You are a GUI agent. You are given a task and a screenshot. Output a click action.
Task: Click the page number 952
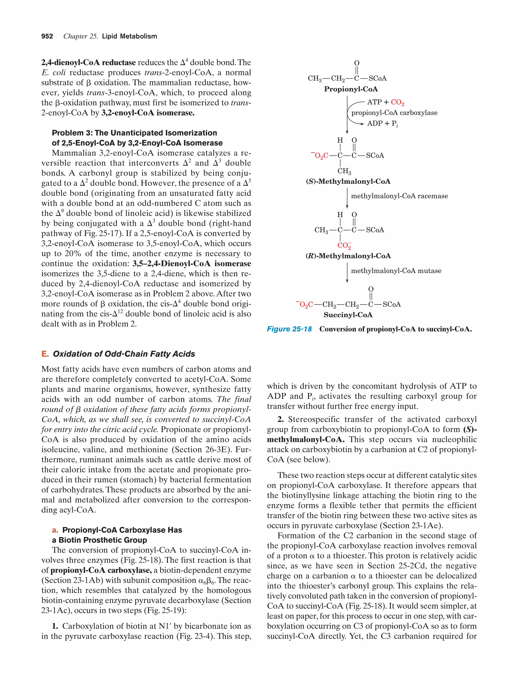pos(47,36)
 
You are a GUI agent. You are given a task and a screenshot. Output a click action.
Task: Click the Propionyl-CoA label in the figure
pos(351,89)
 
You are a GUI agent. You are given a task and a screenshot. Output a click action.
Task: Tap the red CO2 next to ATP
pos(397,102)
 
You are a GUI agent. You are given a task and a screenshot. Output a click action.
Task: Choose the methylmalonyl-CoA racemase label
pos(399,196)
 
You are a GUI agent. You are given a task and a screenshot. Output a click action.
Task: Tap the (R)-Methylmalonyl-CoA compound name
pos(348,256)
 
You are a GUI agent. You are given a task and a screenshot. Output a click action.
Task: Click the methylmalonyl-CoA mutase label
pos(396,271)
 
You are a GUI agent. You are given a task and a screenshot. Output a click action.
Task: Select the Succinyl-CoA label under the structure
pos(348,315)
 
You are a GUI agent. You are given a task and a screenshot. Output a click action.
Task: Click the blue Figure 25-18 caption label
pos(289,329)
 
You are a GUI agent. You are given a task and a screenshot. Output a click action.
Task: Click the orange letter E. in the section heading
pos(45,354)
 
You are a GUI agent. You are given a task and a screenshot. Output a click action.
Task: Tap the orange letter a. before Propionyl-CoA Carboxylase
pos(55,530)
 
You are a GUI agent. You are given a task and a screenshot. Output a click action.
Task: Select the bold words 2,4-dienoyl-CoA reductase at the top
pos(88,63)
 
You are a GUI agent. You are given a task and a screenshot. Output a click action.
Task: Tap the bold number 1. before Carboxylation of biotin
pos(55,626)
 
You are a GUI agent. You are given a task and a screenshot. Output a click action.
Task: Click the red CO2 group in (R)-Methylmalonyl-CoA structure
pos(344,245)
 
